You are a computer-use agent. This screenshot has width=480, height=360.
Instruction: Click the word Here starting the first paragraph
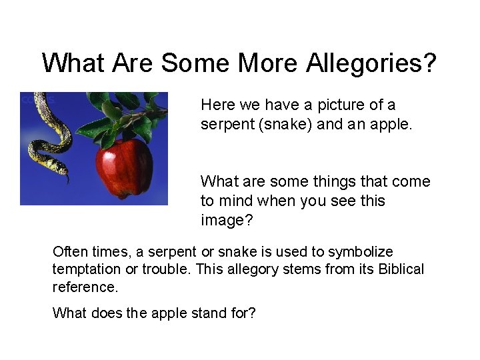(216, 105)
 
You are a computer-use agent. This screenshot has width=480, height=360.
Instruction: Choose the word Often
(69, 252)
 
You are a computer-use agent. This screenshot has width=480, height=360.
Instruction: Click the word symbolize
(361, 252)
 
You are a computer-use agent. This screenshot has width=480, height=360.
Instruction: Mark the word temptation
(86, 269)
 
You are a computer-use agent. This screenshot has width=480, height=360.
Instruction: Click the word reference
(85, 287)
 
